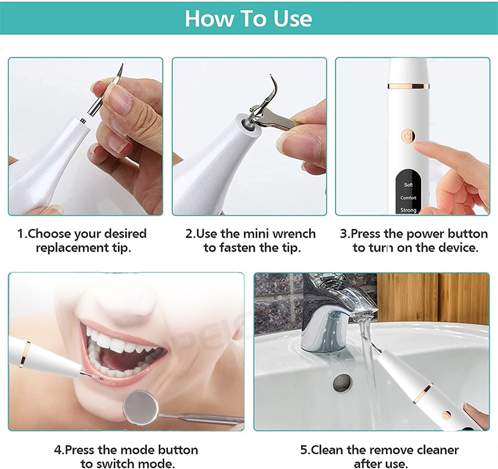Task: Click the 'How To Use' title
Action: [x=249, y=18]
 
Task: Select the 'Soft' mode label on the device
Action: [x=408, y=185]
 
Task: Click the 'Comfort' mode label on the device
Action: [x=408, y=198]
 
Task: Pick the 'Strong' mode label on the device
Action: [x=408, y=210]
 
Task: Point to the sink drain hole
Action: [x=342, y=383]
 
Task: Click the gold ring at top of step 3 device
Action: [x=408, y=86]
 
